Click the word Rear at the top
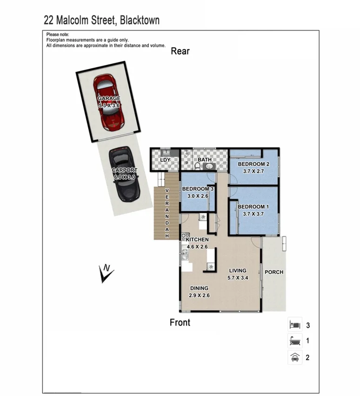point(180,51)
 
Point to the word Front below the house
point(180,322)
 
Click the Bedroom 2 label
point(253,164)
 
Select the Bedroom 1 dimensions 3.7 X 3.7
point(253,214)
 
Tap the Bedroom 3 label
point(198,189)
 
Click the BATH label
point(205,160)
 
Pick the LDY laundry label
point(165,160)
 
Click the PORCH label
point(273,272)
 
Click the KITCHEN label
point(197,239)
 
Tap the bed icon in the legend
point(295,323)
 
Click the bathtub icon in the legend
point(295,341)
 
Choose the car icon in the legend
point(295,357)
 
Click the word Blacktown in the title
point(139,20)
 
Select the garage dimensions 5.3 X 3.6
point(109,106)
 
